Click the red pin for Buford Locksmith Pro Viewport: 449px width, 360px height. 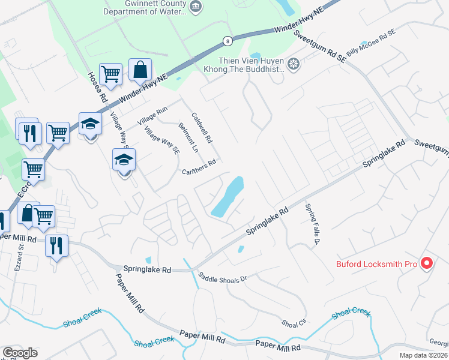click(427, 262)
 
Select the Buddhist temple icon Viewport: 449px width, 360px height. click(294, 64)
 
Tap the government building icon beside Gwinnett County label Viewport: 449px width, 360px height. click(195, 7)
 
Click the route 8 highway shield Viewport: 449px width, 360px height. click(227, 41)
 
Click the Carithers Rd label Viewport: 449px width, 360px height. click(199, 166)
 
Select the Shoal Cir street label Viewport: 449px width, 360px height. click(294, 323)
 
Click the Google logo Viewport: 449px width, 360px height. click(20, 353)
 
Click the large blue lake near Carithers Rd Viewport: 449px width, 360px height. click(229, 197)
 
